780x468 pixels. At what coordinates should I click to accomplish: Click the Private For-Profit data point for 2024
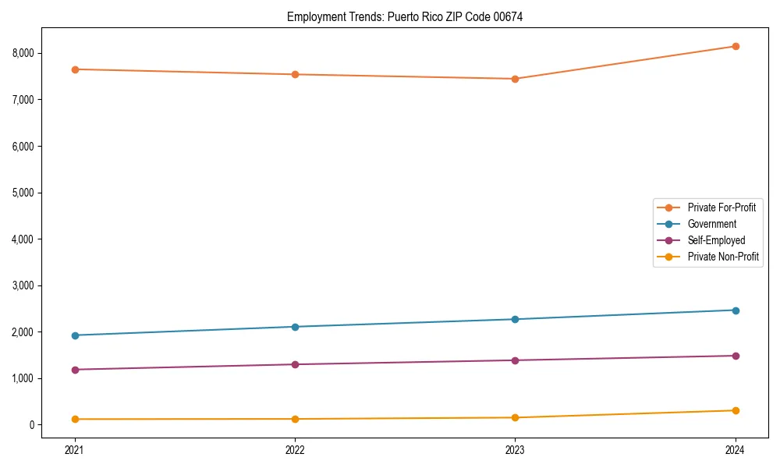coord(736,46)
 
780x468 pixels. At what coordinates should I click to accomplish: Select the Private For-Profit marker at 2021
coord(75,69)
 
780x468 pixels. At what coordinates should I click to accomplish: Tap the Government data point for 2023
coord(515,319)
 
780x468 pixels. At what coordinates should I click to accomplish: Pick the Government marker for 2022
coord(295,327)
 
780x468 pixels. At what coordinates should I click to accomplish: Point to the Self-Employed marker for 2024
coord(736,356)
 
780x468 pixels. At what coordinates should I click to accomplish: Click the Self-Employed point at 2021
coord(75,370)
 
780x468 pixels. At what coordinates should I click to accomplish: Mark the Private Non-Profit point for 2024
coord(736,410)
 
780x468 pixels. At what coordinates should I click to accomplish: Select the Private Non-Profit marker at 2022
coord(295,419)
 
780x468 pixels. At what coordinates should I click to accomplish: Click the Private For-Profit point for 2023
coord(515,79)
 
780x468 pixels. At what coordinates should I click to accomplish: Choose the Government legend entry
coord(711,224)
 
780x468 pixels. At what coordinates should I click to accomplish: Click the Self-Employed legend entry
coord(716,240)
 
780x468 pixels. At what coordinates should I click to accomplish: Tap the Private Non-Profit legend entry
coord(723,257)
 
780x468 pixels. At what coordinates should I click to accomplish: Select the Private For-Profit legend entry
coord(721,207)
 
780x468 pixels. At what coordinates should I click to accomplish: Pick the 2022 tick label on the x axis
coord(295,449)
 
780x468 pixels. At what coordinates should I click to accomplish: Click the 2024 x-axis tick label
coord(736,449)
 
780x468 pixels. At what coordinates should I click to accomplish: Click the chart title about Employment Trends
coord(405,16)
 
